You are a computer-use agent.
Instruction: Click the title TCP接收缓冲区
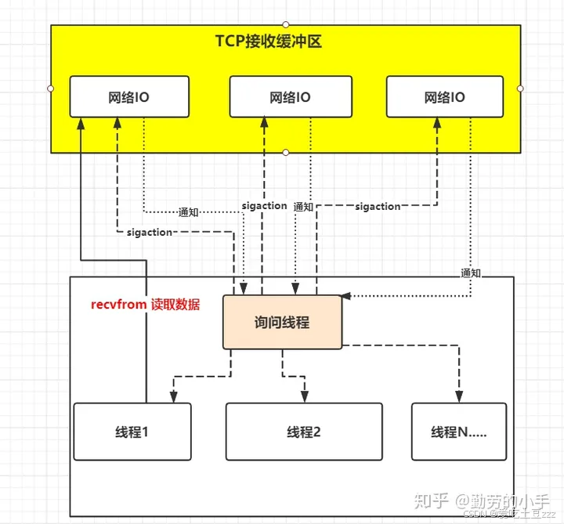269,42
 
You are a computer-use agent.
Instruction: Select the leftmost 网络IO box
129,97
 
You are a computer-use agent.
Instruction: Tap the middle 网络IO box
288,97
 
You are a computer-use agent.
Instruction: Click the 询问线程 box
282,321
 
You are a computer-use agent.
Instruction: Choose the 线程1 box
132,431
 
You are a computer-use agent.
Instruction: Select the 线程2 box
304,431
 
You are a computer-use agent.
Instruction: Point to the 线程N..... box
458,431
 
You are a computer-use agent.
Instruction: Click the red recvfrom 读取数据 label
146,305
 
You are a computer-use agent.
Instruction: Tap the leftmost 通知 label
189,211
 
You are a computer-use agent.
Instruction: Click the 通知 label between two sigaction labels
303,207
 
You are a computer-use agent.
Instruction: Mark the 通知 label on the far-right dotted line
471,273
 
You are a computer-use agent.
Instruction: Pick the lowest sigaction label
149,233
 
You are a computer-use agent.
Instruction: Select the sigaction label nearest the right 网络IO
378,207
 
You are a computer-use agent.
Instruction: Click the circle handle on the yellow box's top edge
286,24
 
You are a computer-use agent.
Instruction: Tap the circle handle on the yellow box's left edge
51,88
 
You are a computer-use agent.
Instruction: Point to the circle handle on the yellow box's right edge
521,88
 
